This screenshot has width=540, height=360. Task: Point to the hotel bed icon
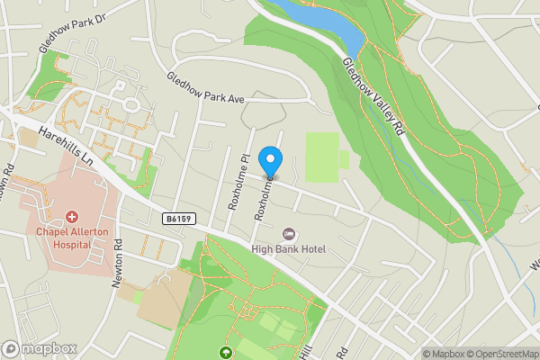288,234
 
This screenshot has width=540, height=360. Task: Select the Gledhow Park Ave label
205,87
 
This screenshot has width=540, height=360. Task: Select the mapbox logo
40,348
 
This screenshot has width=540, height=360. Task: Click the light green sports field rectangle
322,157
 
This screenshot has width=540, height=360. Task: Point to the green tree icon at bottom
227,352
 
